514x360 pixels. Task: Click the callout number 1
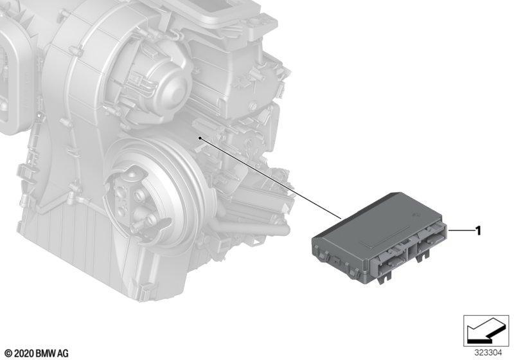478,231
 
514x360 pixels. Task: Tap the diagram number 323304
488,353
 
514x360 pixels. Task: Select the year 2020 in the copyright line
24,354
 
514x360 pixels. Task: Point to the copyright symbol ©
9,354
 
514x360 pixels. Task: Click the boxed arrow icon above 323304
486,331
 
